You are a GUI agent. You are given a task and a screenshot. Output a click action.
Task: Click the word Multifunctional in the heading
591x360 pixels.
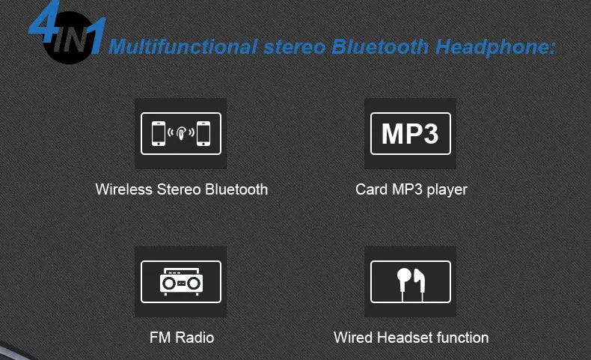click(x=183, y=46)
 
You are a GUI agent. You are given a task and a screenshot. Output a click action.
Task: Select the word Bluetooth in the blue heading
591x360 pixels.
click(x=380, y=46)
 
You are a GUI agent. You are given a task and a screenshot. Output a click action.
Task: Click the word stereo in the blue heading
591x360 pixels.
click(x=294, y=47)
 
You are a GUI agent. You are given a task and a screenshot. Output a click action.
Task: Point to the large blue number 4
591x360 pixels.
click(x=44, y=22)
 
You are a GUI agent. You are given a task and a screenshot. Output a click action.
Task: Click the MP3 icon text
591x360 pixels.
click(x=410, y=133)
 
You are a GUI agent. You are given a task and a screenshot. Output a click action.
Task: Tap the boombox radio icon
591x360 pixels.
click(x=181, y=281)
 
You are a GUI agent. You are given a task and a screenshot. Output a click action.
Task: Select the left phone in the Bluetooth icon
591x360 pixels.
click(x=159, y=133)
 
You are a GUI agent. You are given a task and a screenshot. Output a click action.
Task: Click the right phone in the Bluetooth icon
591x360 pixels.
click(x=203, y=133)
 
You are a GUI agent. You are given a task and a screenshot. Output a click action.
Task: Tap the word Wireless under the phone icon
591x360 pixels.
click(x=124, y=189)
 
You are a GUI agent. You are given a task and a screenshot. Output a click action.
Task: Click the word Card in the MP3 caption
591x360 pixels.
click(x=371, y=189)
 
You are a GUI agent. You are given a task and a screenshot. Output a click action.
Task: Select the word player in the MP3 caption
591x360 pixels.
click(x=447, y=190)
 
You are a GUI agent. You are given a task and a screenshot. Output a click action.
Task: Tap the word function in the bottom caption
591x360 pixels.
click(x=462, y=338)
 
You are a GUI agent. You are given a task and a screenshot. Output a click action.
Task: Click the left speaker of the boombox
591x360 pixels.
click(x=168, y=283)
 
